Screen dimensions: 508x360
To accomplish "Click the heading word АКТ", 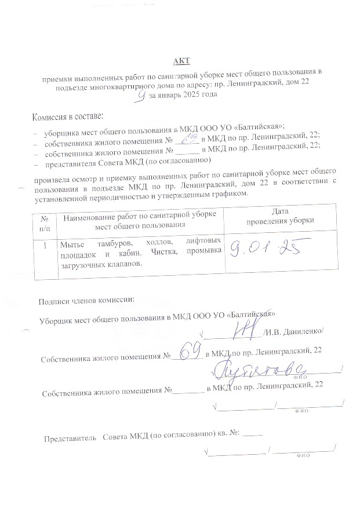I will [x=182, y=61].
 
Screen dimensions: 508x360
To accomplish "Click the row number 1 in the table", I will [x=44, y=245].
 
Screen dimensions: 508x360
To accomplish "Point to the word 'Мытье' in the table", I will [x=72, y=246].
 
